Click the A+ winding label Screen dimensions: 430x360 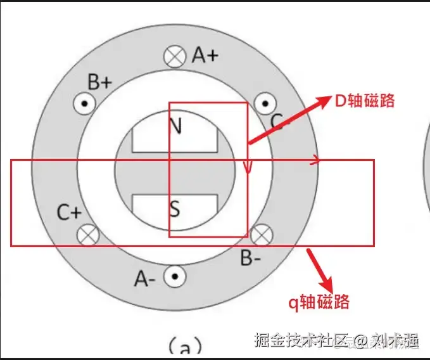click(x=205, y=56)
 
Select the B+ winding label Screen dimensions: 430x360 click(x=100, y=82)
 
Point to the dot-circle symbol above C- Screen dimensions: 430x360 click(x=265, y=103)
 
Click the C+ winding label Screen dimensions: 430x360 click(x=68, y=213)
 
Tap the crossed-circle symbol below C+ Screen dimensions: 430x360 click(x=87, y=235)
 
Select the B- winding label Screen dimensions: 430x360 click(x=251, y=258)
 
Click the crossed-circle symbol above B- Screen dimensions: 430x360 click(x=260, y=235)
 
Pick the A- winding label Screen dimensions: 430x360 click(x=146, y=278)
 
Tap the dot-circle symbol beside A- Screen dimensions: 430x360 click(x=174, y=277)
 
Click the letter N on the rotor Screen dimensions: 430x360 click(x=175, y=125)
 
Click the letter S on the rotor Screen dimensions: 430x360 click(x=175, y=207)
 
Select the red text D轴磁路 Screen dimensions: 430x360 click(x=364, y=101)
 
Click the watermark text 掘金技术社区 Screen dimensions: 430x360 click(x=300, y=341)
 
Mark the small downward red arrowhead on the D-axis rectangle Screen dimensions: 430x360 click(x=248, y=168)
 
